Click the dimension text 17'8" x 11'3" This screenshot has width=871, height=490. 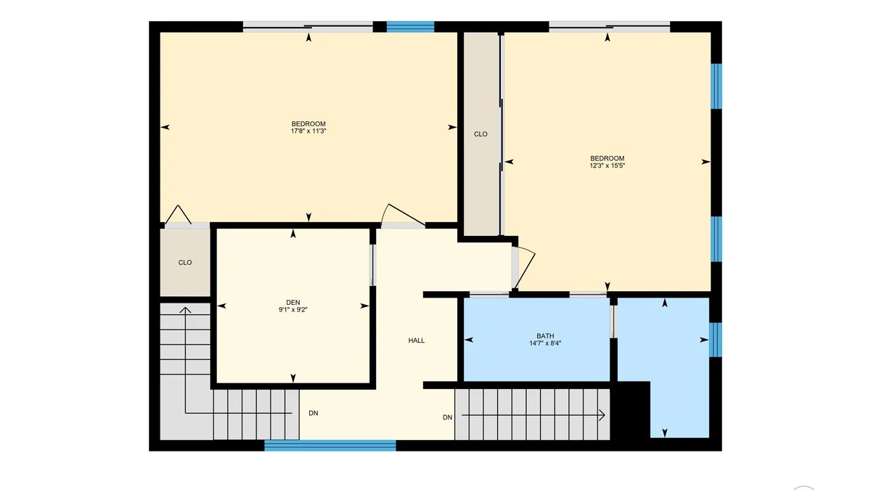[x=308, y=131]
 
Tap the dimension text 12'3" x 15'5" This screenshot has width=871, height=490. [x=607, y=166]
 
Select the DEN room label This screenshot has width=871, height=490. [x=293, y=303]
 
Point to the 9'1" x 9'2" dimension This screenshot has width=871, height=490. [x=293, y=310]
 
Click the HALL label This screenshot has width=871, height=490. [x=416, y=340]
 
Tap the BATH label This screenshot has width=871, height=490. [x=545, y=336]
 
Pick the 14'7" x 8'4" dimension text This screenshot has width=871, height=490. [x=545, y=343]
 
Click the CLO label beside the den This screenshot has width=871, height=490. [x=184, y=263]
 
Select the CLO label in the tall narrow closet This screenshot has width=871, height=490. [x=481, y=134]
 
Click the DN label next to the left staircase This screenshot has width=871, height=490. [x=313, y=413]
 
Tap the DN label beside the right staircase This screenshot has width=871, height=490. [x=447, y=417]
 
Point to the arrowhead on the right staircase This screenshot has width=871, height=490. [x=602, y=415]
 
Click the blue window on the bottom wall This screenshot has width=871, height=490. [x=330, y=446]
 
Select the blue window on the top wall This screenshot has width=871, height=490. [x=410, y=26]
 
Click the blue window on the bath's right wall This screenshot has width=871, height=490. [x=716, y=340]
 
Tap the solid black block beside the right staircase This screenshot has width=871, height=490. [x=630, y=410]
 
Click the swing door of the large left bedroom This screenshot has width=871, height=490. [x=403, y=215]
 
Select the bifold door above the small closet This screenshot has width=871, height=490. [x=178, y=215]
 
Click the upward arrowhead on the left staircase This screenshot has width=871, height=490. [x=185, y=310]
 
